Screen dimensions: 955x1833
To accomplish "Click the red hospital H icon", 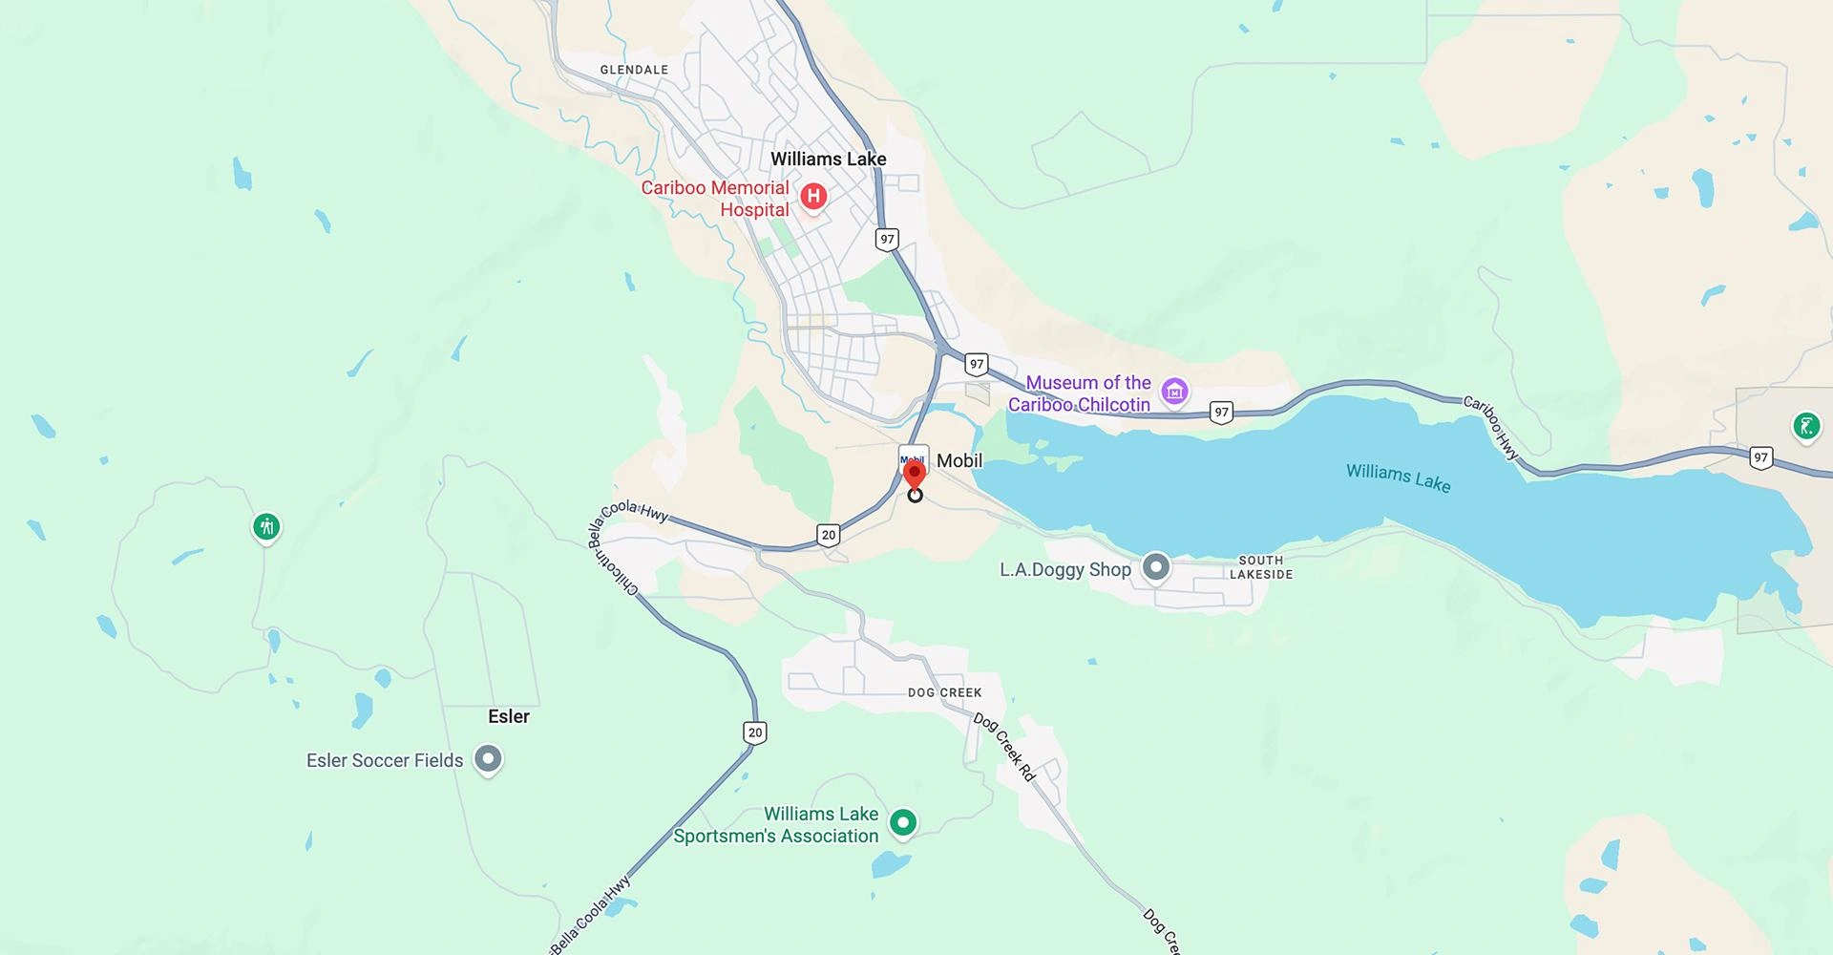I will click(812, 197).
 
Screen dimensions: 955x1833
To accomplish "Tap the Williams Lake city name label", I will click(828, 159).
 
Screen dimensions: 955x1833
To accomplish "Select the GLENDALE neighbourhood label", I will click(634, 70).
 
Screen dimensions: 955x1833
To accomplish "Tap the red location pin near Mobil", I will click(915, 475).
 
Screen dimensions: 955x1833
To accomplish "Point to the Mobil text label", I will click(959, 460).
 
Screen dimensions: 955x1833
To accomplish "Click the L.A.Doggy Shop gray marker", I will click(1156, 567).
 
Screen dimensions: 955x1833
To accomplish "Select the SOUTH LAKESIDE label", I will click(1260, 567).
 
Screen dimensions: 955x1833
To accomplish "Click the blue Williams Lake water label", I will click(1398, 477).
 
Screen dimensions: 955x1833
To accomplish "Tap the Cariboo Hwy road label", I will click(1491, 428).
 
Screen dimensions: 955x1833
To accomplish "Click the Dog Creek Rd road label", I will click(1004, 747).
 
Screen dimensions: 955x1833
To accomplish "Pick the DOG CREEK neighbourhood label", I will click(944, 692).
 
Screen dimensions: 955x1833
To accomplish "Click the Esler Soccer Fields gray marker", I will click(489, 759).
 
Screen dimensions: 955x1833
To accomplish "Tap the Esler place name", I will click(508, 716).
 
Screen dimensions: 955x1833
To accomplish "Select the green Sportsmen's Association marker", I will click(903, 821).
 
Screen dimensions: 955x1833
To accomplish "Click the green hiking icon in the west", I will click(266, 526).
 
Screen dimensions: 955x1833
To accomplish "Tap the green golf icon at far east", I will click(1805, 426).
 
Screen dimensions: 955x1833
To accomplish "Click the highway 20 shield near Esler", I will click(755, 732).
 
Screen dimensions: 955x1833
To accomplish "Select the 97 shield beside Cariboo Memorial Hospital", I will click(888, 239).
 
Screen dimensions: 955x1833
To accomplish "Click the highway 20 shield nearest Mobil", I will click(829, 535).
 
